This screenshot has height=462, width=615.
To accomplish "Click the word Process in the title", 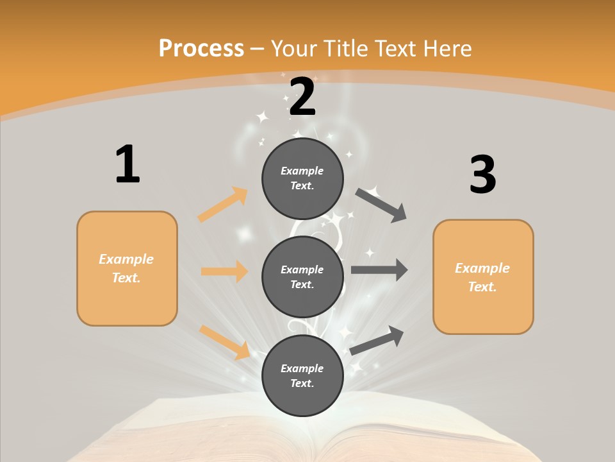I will pos(201,48).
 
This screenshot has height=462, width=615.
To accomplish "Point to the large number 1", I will pos(127,164).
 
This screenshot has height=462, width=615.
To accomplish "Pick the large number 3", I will pos(482,175).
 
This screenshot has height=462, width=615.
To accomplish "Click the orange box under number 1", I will pos(127,268).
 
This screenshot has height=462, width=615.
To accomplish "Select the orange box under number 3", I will pos(483,277).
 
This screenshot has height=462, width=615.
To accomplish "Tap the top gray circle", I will pos(302,178).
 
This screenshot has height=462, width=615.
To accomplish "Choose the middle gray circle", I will pos(302,277).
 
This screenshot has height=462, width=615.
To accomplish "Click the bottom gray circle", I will pos(302,375).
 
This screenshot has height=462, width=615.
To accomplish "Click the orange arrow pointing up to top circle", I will pos(223,205).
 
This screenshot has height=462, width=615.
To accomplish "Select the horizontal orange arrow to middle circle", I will pos(224,271).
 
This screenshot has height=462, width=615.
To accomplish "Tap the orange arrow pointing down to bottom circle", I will pos(225,342).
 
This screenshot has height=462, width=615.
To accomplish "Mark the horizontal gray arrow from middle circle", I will pos(379,270).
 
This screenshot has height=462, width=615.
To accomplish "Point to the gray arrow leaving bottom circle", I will pos(377,340).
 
